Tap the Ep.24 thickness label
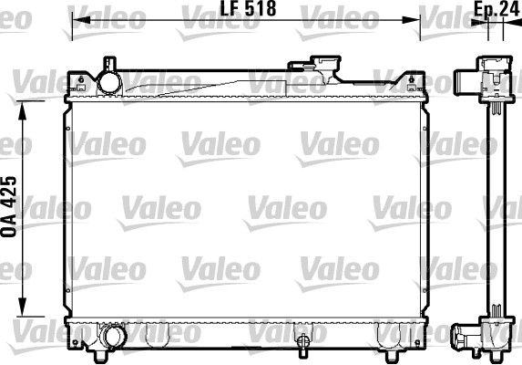tap(490, 10)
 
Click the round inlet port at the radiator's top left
tap(110, 81)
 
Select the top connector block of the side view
tap(489, 78)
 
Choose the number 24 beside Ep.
tap(502, 10)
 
